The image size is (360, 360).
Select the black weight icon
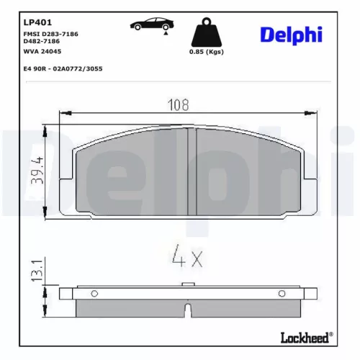pyautogui.click(x=205, y=32)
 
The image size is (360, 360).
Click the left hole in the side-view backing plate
pyautogui.click(x=94, y=293)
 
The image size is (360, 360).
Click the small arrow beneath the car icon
pyautogui.click(x=167, y=33)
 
